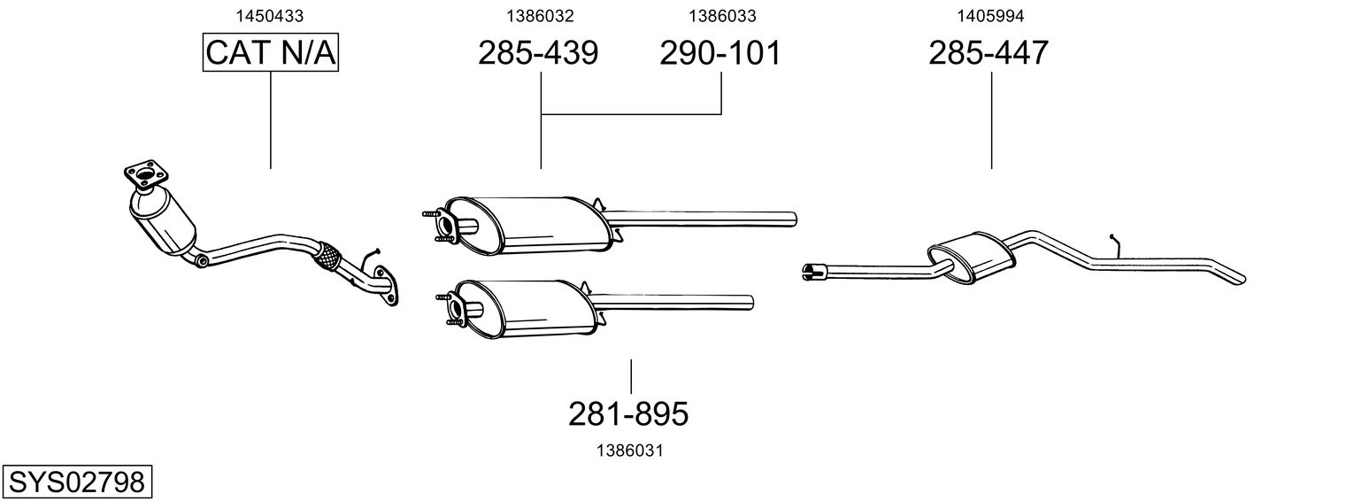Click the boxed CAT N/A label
point(271,53)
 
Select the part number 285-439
point(538,53)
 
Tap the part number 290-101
point(720,53)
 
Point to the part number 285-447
point(989,53)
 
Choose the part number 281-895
point(628,412)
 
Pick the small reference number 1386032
point(539,15)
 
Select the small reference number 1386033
point(722,15)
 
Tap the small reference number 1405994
point(989,15)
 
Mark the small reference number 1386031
point(630,451)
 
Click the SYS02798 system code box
point(76,482)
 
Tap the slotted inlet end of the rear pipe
point(812,271)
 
